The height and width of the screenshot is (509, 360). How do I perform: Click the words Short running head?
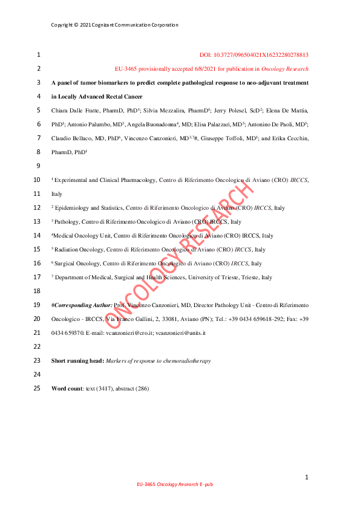[x=77, y=360]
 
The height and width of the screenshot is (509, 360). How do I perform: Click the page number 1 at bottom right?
[x=307, y=478]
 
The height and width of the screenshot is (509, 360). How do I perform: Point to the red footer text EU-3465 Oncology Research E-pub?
[x=175, y=485]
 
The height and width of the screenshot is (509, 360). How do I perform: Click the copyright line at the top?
[x=114, y=25]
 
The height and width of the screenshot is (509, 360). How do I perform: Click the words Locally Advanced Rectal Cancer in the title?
[x=103, y=97]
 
